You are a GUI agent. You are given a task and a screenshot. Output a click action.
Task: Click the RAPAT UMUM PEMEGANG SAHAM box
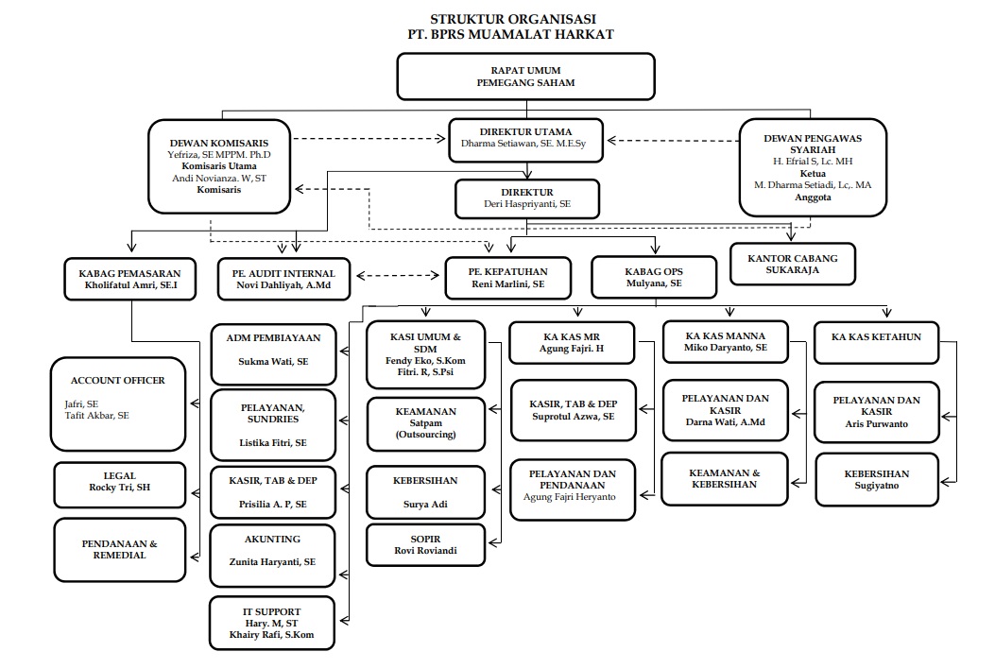coord(525,77)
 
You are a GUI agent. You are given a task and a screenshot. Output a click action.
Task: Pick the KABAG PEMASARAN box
coord(130,279)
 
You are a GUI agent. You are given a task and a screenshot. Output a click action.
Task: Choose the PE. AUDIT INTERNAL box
coord(283,279)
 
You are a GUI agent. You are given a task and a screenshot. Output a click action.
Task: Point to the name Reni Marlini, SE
coord(508,284)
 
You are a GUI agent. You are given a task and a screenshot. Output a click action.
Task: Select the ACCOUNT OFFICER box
coord(117,403)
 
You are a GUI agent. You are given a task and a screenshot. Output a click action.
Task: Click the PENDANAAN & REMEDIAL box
coord(117,549)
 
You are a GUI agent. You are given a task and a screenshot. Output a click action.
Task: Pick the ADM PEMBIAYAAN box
coord(273,349)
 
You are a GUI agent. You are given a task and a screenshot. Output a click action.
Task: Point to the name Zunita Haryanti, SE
coord(272,561)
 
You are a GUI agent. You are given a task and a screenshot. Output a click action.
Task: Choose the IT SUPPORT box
coord(272,623)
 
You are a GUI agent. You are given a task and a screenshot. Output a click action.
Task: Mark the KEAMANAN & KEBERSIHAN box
coord(724,478)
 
